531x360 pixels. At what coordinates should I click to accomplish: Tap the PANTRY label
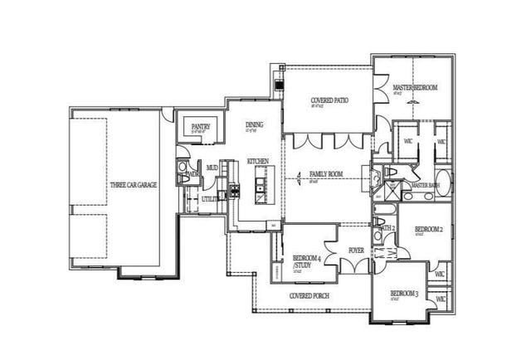(x=200, y=127)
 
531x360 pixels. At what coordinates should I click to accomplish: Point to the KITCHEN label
(x=258, y=161)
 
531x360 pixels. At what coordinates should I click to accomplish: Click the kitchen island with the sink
(x=261, y=183)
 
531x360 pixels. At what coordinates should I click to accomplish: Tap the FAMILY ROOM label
(x=326, y=174)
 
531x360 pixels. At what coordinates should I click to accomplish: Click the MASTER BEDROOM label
(x=415, y=88)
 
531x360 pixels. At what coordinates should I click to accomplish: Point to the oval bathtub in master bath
(x=443, y=183)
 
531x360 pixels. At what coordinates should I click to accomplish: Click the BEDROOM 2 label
(x=429, y=228)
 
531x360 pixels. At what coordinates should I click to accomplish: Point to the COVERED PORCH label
(x=311, y=295)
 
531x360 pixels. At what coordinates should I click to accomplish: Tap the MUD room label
(x=212, y=168)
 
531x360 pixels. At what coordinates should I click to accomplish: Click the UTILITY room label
(x=212, y=199)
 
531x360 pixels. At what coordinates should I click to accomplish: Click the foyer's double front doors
(x=357, y=266)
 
